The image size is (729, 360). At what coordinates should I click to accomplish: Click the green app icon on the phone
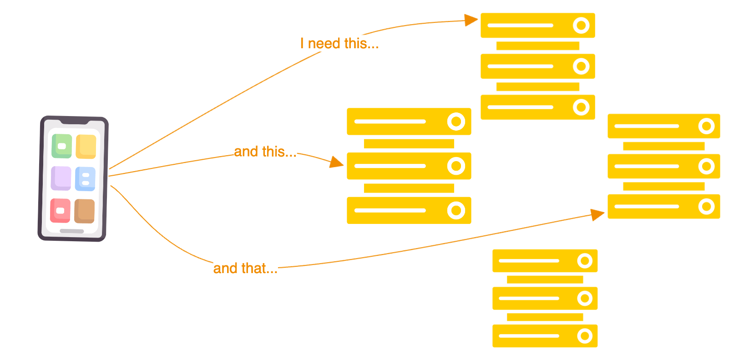62,146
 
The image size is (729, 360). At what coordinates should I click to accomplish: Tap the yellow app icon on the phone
86,147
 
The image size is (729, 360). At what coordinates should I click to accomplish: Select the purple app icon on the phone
61,178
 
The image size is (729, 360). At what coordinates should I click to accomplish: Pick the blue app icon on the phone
85,179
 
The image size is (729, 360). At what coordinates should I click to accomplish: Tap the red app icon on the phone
60,211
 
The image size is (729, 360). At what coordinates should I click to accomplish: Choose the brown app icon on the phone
85,211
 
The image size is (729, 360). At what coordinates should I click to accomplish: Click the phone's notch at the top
75,122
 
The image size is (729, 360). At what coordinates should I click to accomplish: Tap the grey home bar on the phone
72,231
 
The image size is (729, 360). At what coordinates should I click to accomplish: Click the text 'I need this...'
339,43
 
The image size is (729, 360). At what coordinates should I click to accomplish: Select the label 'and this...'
265,152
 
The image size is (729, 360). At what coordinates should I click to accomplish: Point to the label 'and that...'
245,268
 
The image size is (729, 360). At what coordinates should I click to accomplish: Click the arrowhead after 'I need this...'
471,20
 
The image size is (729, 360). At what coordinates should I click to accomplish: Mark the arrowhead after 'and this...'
337,162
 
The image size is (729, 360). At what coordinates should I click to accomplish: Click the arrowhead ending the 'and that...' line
597,214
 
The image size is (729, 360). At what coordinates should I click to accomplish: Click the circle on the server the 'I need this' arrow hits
581,25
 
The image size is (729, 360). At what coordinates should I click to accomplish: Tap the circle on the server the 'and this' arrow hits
456,166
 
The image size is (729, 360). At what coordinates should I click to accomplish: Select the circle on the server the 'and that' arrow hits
706,207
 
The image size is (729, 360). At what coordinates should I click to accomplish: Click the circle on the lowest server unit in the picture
585,336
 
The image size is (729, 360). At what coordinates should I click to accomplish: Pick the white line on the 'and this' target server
390,166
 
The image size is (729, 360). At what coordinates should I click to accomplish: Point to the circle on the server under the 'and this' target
456,210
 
